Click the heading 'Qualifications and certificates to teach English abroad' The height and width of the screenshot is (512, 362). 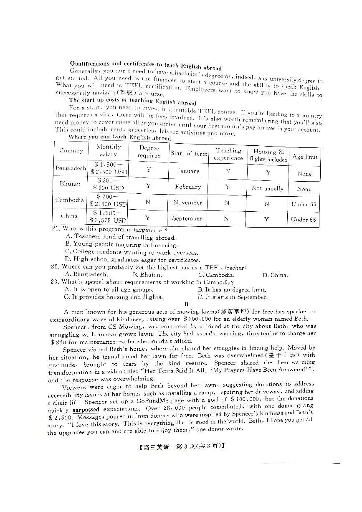click(146, 65)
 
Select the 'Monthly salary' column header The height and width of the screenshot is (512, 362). click(108, 150)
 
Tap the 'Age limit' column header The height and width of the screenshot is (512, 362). click(305, 157)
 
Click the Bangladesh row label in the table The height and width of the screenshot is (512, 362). click(71, 168)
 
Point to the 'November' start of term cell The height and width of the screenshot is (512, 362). click(187, 203)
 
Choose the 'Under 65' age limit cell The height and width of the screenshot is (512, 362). click(304, 204)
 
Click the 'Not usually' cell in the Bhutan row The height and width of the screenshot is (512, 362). click(268, 188)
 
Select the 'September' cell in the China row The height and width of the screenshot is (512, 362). click(187, 218)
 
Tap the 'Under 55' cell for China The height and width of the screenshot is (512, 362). click(304, 220)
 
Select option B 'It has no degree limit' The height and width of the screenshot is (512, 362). click(232, 289)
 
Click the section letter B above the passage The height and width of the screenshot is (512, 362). click(187, 304)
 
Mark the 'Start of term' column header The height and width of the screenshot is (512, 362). click(189, 153)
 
